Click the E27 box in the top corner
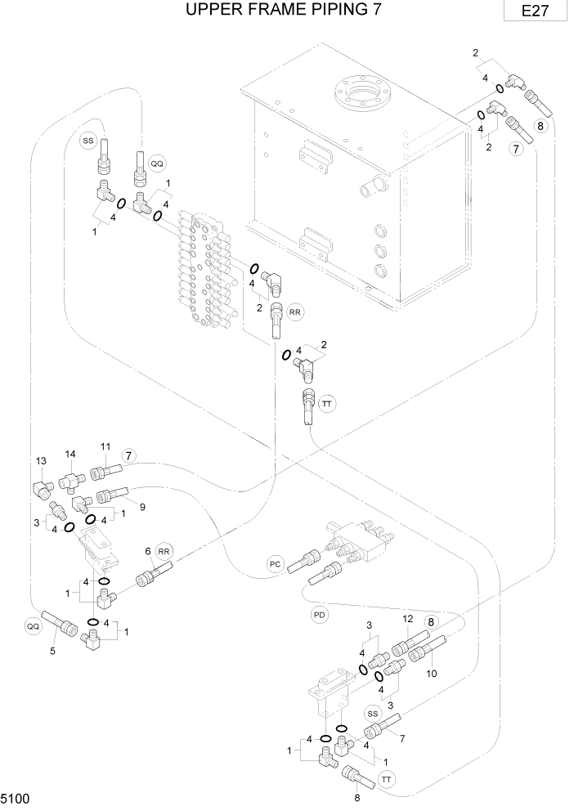coord(537,12)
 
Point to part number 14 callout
coord(70,455)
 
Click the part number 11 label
coord(105,446)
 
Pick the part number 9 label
coord(141,507)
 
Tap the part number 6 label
coord(148,551)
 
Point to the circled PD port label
coord(320,614)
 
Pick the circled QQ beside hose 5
coord(33,625)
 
